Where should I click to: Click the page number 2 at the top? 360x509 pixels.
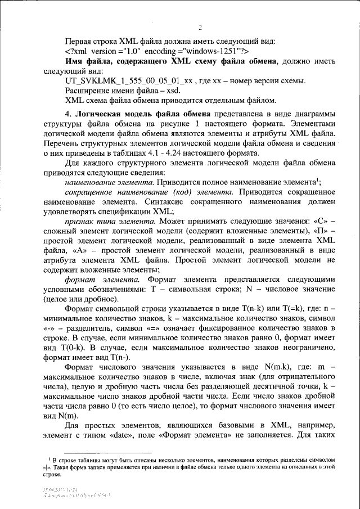(x=200, y=28)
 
